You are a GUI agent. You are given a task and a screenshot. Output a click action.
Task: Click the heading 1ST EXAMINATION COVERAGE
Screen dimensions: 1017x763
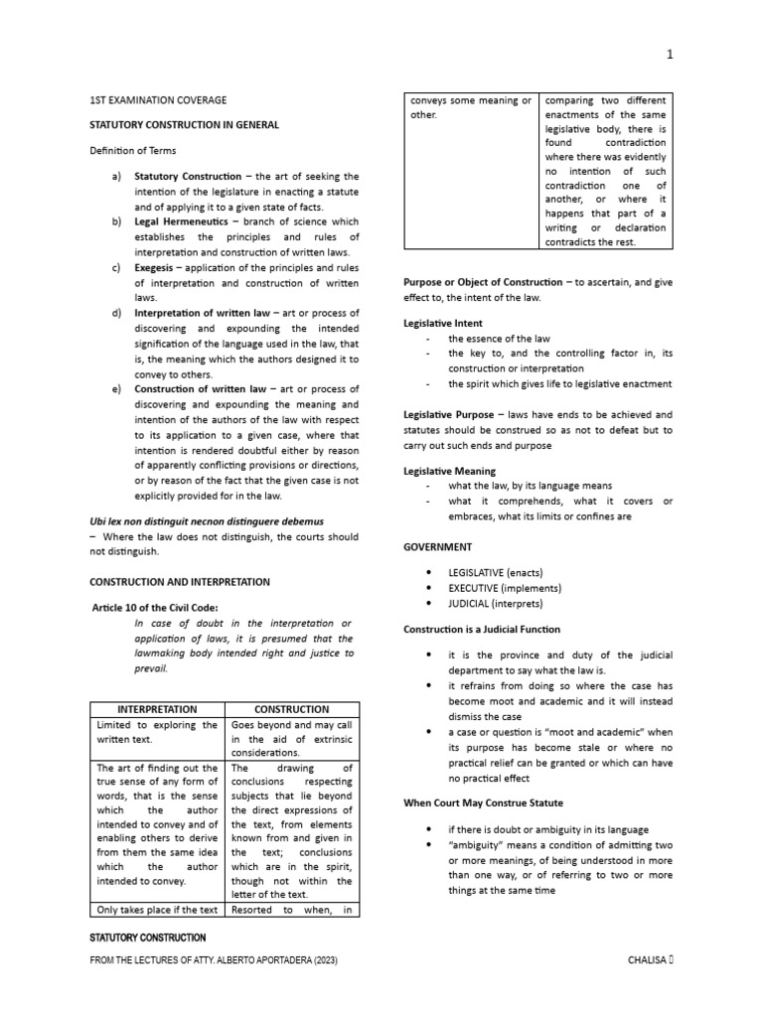point(158,100)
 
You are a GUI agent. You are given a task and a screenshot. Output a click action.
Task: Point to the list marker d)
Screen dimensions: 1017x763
point(117,313)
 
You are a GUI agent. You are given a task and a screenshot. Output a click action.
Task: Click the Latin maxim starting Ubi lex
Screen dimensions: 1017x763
point(207,520)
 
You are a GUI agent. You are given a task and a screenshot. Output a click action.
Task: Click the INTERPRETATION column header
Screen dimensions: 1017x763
point(158,709)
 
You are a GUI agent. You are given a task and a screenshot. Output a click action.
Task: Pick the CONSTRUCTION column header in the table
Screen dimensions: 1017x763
point(291,709)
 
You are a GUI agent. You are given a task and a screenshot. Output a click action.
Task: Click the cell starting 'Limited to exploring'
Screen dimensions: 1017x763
point(158,732)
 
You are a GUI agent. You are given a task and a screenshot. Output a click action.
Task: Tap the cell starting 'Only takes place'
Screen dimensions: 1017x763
point(158,909)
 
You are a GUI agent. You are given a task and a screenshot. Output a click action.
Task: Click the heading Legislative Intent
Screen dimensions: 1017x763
point(443,323)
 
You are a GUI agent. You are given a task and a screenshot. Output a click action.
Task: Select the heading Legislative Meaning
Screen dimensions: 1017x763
point(449,471)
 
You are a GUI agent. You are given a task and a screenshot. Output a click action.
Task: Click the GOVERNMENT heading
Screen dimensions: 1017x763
point(437,546)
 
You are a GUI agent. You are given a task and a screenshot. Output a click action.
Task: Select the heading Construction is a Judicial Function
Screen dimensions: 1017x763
point(482,630)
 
